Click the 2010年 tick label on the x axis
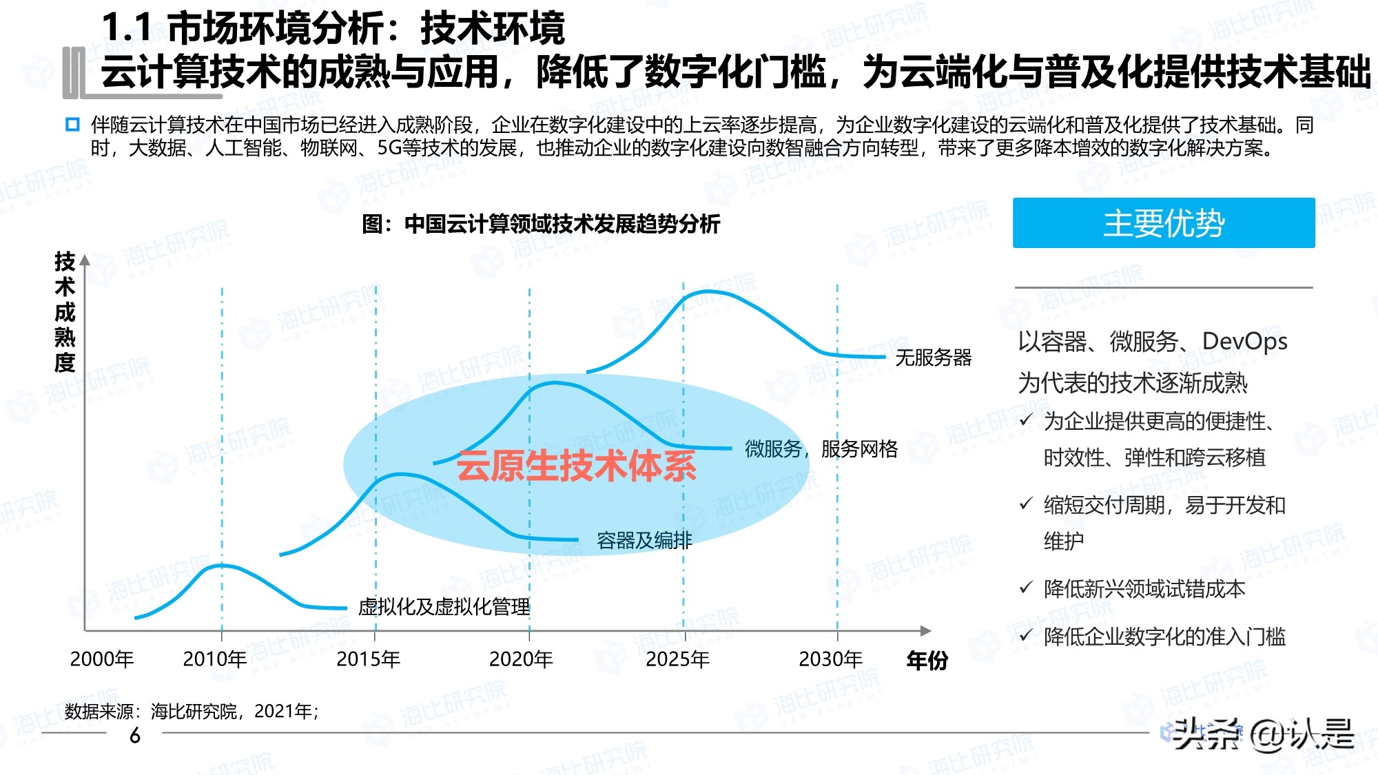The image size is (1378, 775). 214,659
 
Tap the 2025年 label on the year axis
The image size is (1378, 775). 677,659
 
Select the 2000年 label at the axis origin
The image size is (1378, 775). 101,659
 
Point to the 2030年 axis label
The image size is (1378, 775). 830,659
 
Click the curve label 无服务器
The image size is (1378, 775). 933,358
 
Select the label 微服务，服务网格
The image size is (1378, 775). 821,449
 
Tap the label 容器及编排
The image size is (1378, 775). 644,541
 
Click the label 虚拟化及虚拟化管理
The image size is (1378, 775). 444,607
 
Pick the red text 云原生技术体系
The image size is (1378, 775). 576,466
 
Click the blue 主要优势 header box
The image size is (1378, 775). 1163,223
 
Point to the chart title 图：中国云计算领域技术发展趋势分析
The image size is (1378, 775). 541,224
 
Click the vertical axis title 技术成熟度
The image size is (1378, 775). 65,312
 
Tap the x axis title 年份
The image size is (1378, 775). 927,661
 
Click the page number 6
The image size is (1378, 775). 135,736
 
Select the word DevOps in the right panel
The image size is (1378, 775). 1244,342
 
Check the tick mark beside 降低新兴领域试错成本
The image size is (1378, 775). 1026,588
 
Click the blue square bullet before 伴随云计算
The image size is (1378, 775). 72,125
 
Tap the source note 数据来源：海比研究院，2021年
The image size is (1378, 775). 192,711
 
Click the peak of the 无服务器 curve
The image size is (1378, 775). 710,293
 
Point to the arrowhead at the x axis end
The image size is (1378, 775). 926,630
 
